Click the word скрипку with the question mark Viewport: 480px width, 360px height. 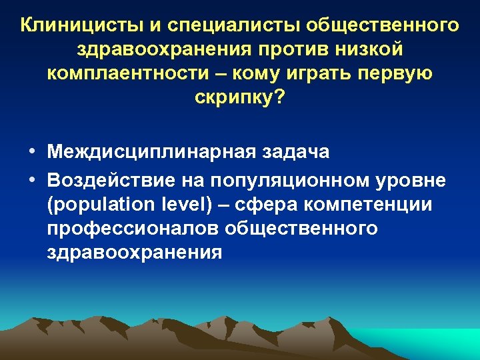240,99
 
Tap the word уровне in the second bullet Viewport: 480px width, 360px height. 411,180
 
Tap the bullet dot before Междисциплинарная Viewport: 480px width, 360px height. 32,152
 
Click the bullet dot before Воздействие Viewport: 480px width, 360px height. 32,180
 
